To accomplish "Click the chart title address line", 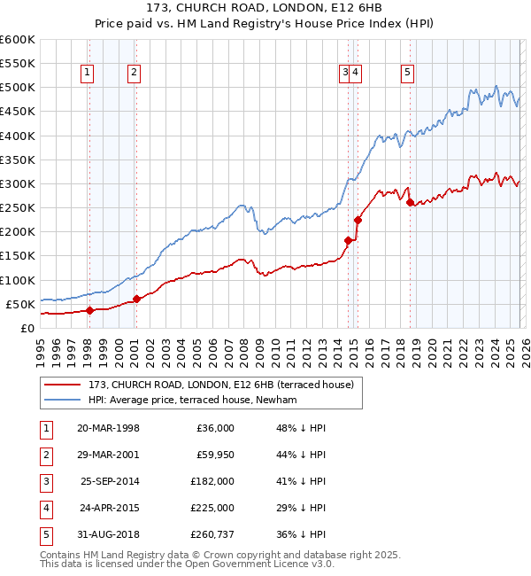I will tap(265, 8).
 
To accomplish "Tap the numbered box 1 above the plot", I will tap(88, 74).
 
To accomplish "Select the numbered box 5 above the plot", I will tap(407, 74).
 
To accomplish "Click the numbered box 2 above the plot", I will tap(134, 74).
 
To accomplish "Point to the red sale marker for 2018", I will tap(410, 203).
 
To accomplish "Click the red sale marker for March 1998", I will tap(89, 310).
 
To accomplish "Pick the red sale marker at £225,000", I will tap(358, 220).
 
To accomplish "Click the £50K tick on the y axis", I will tap(21, 304).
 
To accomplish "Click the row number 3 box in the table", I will tap(44, 481).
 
